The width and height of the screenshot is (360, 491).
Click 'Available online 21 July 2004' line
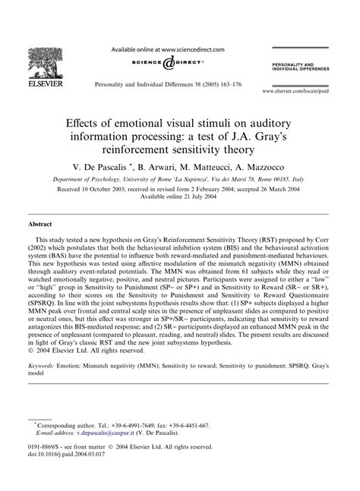coord(180,197)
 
